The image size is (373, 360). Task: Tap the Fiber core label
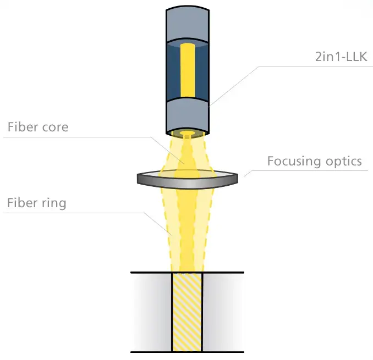click(x=37, y=127)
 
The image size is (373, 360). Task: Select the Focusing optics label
click(x=314, y=161)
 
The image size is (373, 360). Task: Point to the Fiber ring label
click(x=36, y=203)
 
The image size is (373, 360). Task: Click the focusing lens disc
click(x=187, y=178)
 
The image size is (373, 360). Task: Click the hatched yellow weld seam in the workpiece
click(x=187, y=312)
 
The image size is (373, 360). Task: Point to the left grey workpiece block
click(x=151, y=312)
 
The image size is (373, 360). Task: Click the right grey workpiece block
click(x=223, y=312)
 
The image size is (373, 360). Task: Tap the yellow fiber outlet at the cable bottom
click(x=187, y=134)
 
